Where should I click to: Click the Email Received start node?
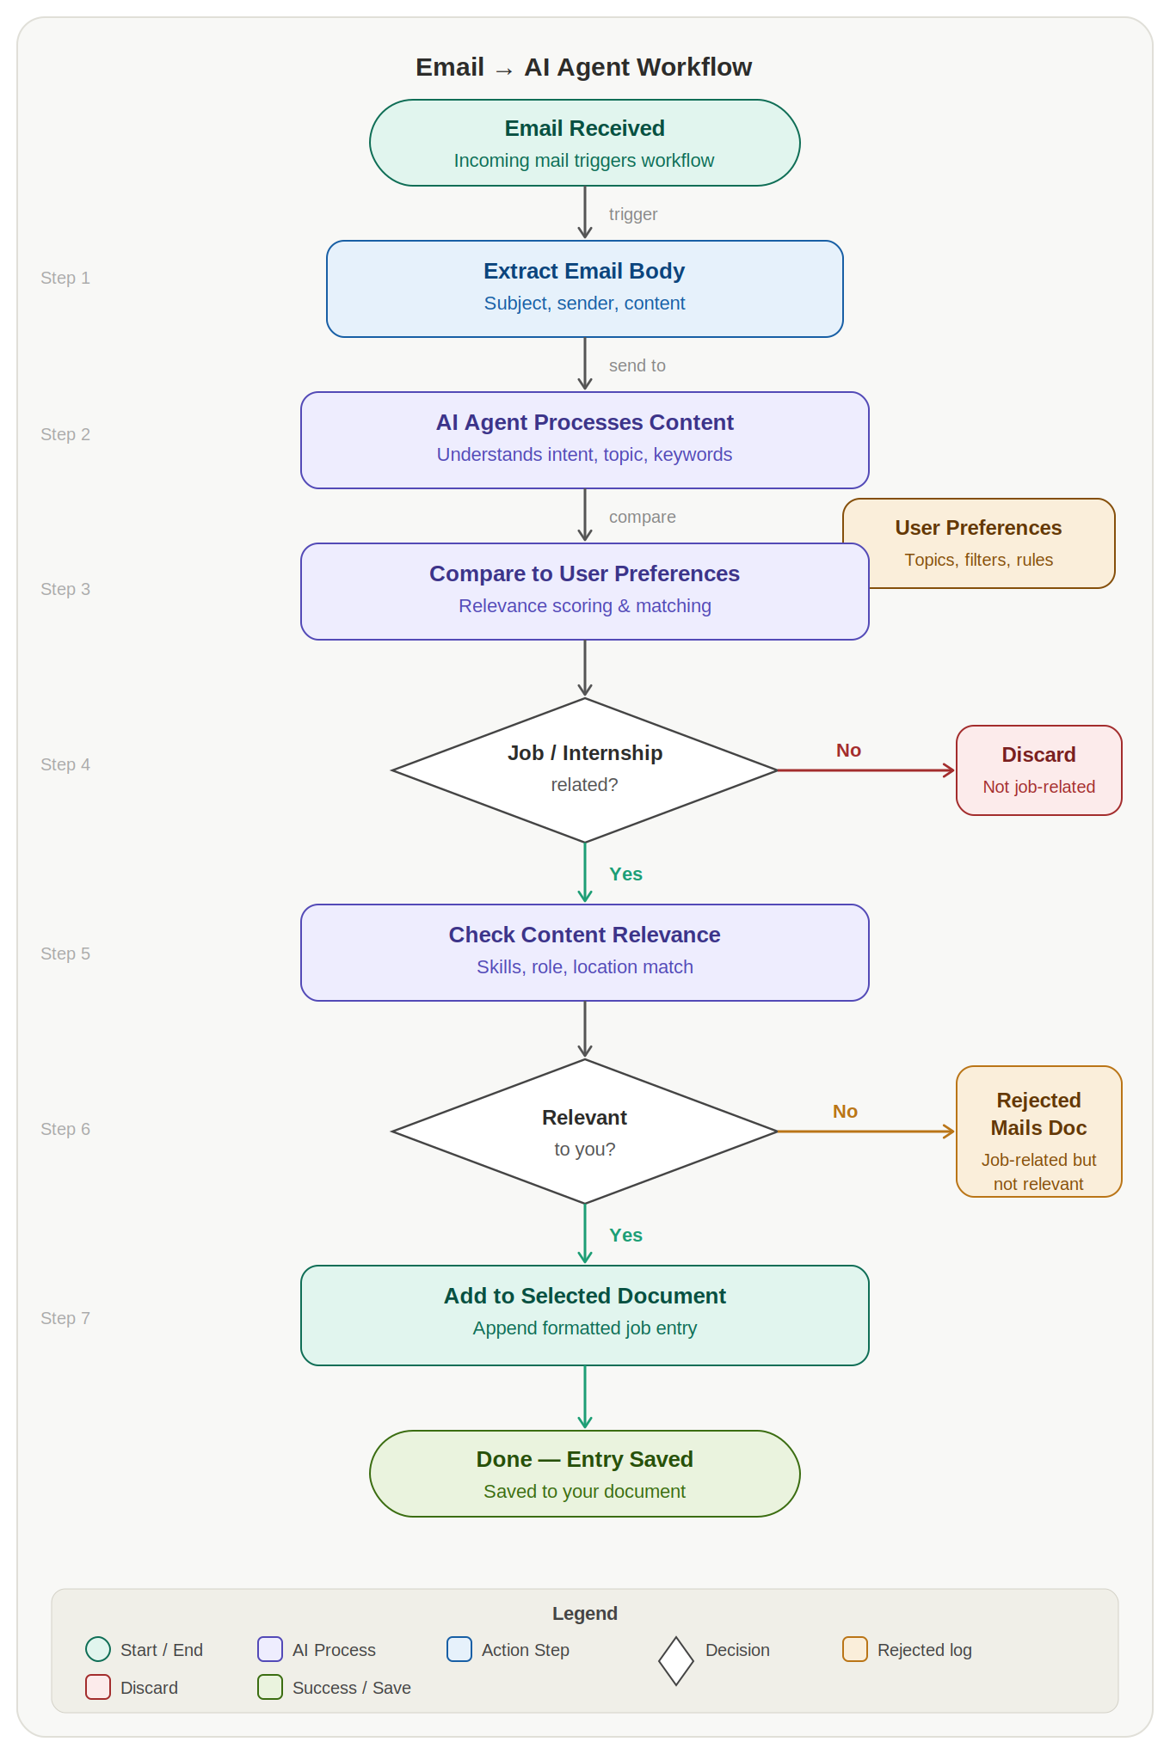(x=585, y=143)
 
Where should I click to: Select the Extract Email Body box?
(x=585, y=289)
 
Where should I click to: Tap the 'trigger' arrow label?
(x=633, y=214)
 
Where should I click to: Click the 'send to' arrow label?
(x=637, y=365)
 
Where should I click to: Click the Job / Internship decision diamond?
(x=585, y=770)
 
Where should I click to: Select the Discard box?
(x=1038, y=770)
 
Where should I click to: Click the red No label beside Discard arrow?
(x=848, y=751)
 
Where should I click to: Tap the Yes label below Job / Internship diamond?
(x=625, y=874)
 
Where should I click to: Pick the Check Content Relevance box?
(x=585, y=952)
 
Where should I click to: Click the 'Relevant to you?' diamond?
(x=585, y=1132)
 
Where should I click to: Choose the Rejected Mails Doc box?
(x=1038, y=1132)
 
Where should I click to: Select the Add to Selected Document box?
(x=585, y=1315)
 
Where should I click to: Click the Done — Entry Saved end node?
(x=585, y=1474)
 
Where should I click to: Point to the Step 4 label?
(x=65, y=764)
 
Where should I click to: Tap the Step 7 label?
(x=65, y=1318)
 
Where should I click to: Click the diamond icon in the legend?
(x=676, y=1660)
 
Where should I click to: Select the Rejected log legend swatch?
(x=854, y=1649)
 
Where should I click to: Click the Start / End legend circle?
(x=98, y=1649)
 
